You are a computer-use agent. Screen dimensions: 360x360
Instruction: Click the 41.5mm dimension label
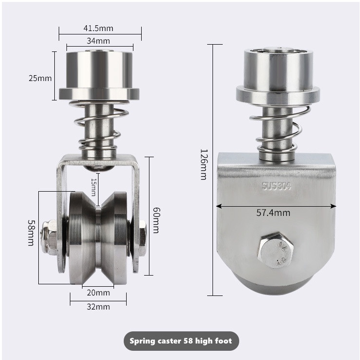tap(100, 29)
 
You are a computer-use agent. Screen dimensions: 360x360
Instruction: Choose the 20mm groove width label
tap(98, 293)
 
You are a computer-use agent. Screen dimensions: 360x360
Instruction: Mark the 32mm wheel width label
tap(98, 307)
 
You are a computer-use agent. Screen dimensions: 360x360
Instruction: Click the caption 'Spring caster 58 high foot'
tap(180, 341)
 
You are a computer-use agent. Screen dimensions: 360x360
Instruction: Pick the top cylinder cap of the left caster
tap(99, 68)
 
